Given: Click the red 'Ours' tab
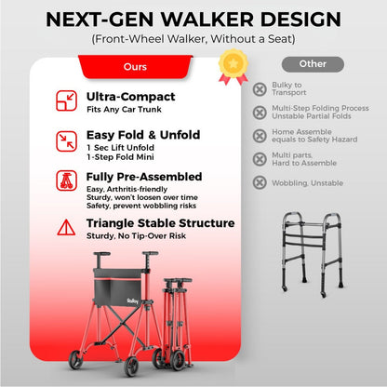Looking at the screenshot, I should pos(134,67).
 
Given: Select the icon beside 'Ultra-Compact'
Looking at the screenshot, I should pos(67,100).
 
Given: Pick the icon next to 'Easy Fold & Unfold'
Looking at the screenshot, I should pos(67,140).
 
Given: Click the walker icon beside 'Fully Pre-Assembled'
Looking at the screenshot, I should pos(67,181).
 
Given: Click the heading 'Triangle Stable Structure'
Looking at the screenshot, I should pos(160,223).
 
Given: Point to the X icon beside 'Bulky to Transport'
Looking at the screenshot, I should pos(260,89).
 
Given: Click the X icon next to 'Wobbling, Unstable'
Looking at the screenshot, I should pos(260,182).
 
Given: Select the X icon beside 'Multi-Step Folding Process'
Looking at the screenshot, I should pos(260,113).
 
